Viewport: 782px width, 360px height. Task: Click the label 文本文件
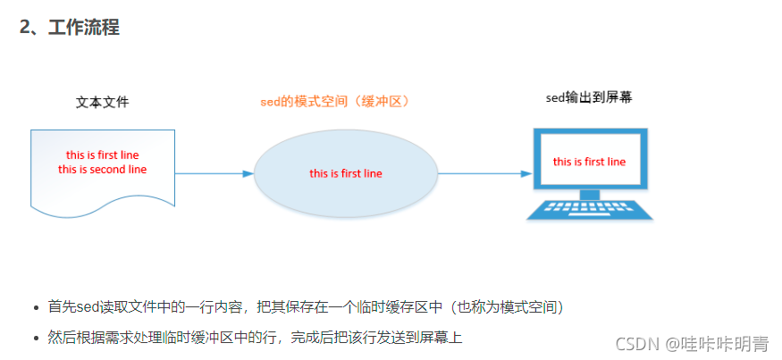(x=102, y=102)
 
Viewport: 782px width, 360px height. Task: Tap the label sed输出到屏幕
(x=589, y=97)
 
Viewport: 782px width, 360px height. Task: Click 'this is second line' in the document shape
(x=102, y=169)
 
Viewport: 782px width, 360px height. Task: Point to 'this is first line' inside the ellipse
(x=346, y=173)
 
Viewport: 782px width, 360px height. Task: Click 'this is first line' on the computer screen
(x=589, y=162)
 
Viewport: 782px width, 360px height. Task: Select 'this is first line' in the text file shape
(x=102, y=155)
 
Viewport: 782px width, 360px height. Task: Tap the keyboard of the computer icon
(x=589, y=209)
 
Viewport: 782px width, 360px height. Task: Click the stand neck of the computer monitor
(x=589, y=194)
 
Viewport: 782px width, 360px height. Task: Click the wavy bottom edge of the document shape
(x=102, y=209)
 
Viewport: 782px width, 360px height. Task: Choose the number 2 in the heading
(x=25, y=28)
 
